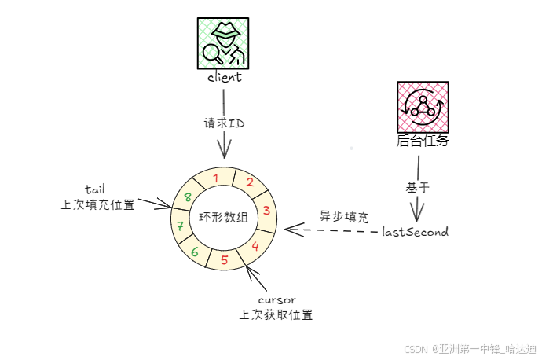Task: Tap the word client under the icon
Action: (x=224, y=78)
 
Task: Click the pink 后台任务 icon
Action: (x=423, y=107)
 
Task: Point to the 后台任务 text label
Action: (x=423, y=142)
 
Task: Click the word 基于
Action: (x=416, y=188)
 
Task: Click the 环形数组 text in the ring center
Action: (x=223, y=217)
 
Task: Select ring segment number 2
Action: (x=249, y=182)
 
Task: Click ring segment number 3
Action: (x=266, y=211)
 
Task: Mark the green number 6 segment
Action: (x=195, y=252)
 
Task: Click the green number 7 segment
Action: (x=180, y=226)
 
